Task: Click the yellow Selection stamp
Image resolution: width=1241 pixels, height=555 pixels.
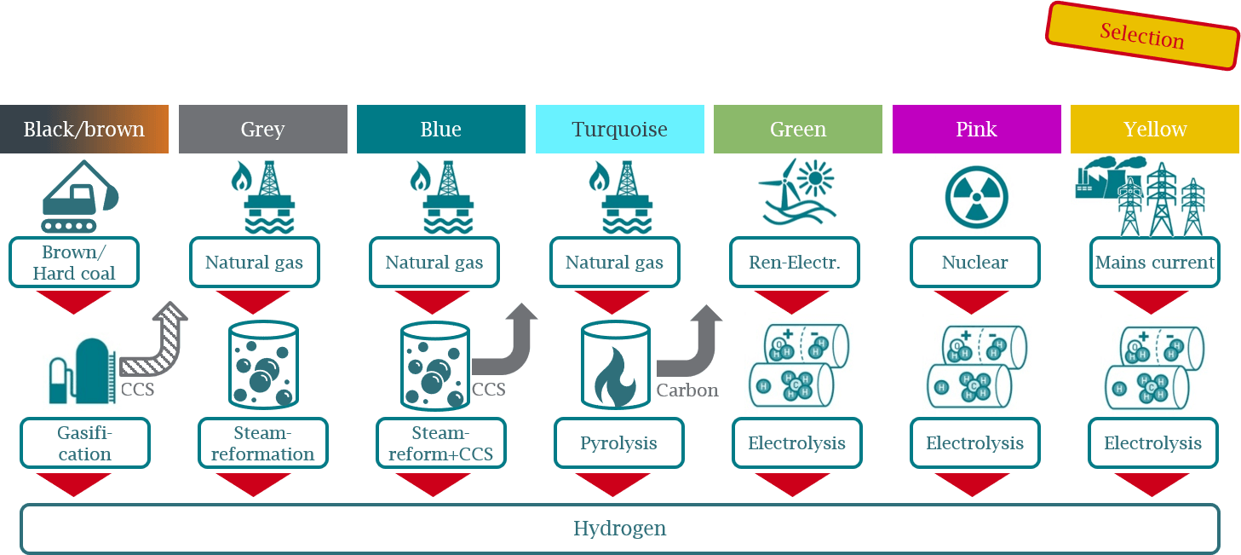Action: (1142, 36)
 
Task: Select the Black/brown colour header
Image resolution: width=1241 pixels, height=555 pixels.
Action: (84, 130)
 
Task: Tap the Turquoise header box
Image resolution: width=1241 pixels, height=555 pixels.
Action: (620, 130)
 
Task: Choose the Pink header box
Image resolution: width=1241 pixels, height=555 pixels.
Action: (977, 130)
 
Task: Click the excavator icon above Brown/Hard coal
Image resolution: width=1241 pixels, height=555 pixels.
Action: (80, 196)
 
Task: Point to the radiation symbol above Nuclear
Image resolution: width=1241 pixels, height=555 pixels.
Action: (976, 198)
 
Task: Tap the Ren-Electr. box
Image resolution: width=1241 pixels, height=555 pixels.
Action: (795, 263)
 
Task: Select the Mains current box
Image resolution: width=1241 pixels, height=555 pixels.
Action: (1155, 263)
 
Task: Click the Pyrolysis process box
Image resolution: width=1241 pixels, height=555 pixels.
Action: (619, 443)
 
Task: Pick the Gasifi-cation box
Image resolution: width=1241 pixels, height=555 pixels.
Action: (85, 443)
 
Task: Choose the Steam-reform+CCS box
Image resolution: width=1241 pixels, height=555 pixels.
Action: (441, 443)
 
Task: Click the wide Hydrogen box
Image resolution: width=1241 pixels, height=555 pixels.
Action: (620, 529)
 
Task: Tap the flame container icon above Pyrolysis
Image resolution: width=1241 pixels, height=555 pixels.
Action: (615, 365)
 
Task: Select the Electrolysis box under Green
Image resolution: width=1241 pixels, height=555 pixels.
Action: (796, 443)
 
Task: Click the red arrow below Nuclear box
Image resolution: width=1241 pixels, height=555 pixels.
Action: (971, 302)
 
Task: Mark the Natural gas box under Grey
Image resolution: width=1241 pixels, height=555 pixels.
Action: (255, 263)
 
